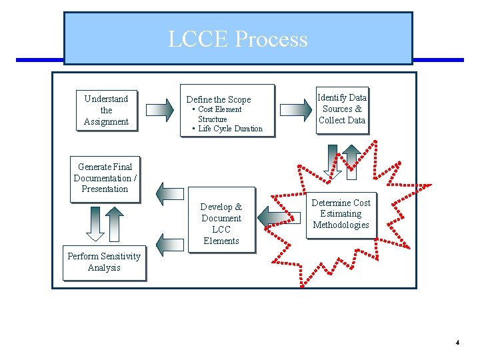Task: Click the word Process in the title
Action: click(x=271, y=39)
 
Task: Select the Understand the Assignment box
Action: click(x=106, y=110)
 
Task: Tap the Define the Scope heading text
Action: click(x=219, y=99)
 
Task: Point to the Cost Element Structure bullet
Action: click(x=219, y=114)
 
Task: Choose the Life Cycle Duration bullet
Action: click(x=230, y=129)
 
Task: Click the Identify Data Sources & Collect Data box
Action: click(x=341, y=109)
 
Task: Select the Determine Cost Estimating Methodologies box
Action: click(x=341, y=214)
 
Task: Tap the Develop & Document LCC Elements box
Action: click(x=221, y=224)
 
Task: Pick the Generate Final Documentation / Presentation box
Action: click(x=105, y=178)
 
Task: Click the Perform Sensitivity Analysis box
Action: click(x=104, y=262)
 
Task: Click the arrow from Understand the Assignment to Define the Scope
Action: click(x=159, y=110)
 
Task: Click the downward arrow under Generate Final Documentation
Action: click(x=95, y=224)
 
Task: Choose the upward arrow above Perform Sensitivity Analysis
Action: click(x=115, y=224)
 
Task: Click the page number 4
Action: click(x=457, y=343)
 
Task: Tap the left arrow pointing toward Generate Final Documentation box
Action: click(x=169, y=193)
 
